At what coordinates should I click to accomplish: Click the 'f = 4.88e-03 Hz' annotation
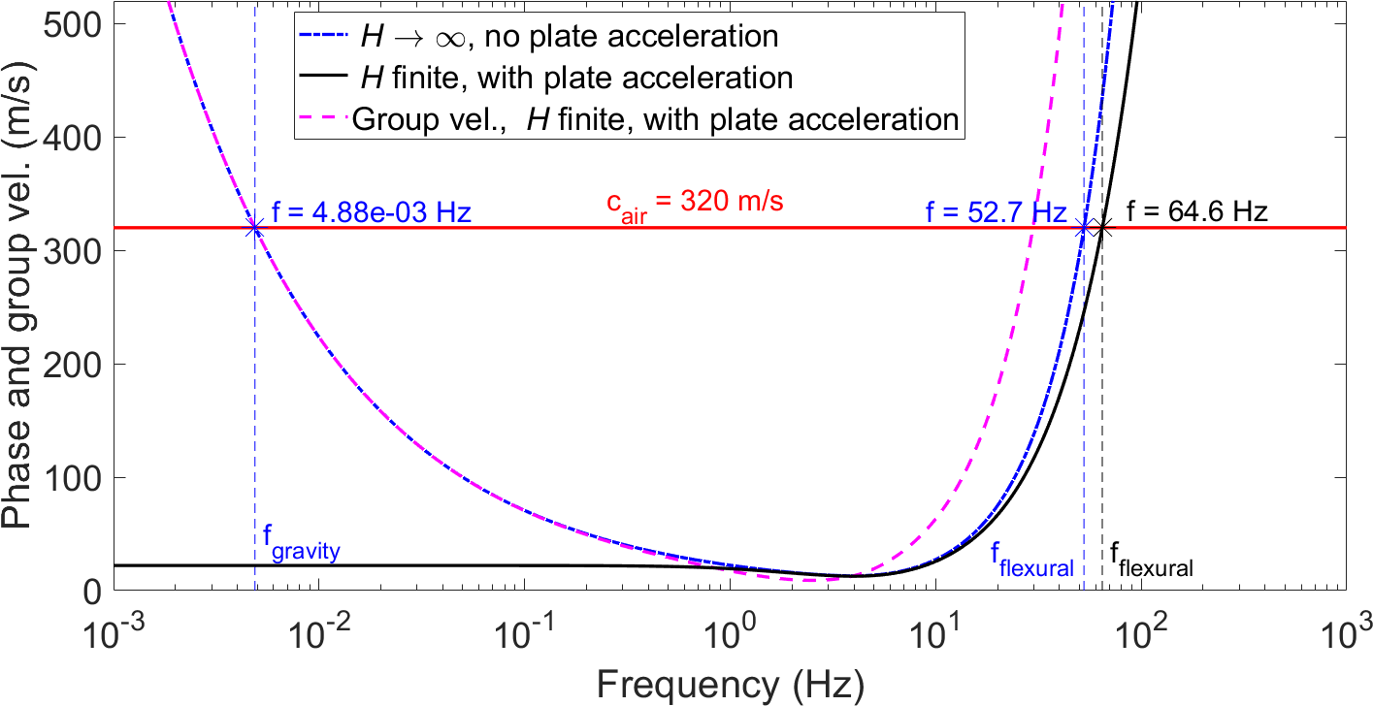click(x=372, y=212)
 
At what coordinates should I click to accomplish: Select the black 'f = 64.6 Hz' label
click(x=1197, y=211)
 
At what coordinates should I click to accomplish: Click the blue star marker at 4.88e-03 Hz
click(x=255, y=228)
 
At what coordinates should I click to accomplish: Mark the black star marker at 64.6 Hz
click(x=1101, y=228)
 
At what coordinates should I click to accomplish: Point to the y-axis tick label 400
click(x=76, y=138)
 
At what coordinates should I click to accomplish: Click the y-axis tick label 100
click(x=76, y=477)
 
